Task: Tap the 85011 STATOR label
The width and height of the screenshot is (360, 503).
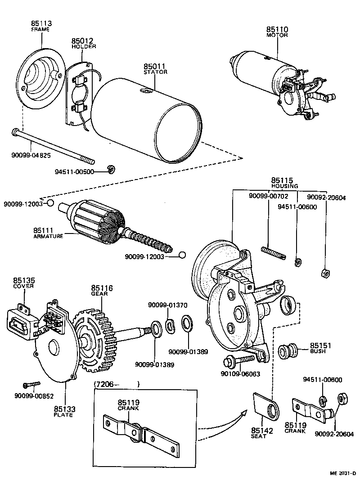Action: pyautogui.click(x=155, y=68)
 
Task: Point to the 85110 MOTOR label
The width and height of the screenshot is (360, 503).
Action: pyautogui.click(x=277, y=32)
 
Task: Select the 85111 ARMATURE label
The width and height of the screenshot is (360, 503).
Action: pyautogui.click(x=48, y=233)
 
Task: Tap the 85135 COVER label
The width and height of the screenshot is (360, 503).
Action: pyautogui.click(x=24, y=283)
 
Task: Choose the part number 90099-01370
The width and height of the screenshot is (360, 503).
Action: pyautogui.click(x=168, y=305)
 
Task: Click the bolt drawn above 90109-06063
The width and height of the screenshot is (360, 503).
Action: pyautogui.click(x=238, y=360)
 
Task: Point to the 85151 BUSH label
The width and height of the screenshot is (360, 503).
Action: pyautogui.click(x=321, y=348)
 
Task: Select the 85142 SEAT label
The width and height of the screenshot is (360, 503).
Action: pyautogui.click(x=262, y=433)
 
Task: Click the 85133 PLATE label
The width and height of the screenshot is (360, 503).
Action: pyautogui.click(x=65, y=411)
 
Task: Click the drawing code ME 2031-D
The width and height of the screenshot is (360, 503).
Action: pyautogui.click(x=341, y=473)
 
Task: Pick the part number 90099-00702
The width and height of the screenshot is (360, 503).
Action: pyautogui.click(x=269, y=196)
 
